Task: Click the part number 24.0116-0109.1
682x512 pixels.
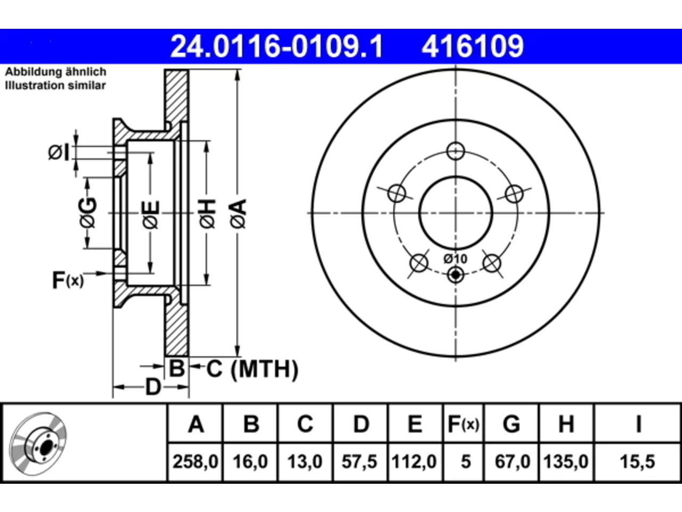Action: [277, 46]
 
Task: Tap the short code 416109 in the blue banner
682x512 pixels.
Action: [473, 46]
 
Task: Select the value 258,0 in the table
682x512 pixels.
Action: [195, 461]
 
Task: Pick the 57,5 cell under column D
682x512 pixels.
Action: [360, 461]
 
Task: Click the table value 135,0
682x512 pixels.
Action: [565, 461]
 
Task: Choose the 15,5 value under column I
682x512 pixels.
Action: [638, 461]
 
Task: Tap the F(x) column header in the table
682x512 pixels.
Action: [463, 424]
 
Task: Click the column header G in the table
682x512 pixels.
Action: [511, 424]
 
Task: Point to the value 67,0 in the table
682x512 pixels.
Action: [513, 461]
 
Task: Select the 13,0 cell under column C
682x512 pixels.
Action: [305, 461]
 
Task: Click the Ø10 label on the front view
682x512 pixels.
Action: [455, 259]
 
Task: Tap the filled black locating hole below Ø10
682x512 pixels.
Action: [456, 275]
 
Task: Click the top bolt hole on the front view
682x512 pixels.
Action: [456, 151]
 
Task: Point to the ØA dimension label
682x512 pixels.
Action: [238, 214]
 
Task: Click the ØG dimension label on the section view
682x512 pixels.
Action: [87, 213]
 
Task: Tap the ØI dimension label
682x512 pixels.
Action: [59, 153]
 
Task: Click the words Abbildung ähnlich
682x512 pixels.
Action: [55, 72]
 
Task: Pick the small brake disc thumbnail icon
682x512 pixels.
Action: [38, 444]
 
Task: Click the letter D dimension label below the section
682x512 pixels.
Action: [153, 387]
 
